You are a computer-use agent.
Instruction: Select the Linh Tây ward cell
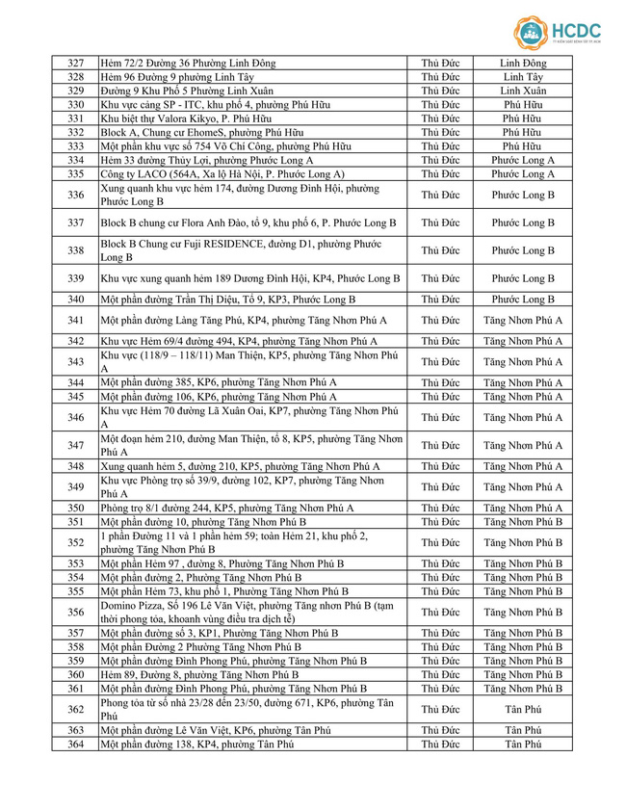(523, 76)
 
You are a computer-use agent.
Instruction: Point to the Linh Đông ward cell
(523, 63)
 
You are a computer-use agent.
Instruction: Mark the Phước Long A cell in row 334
(523, 160)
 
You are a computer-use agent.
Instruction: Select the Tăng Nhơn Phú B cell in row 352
(523, 542)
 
